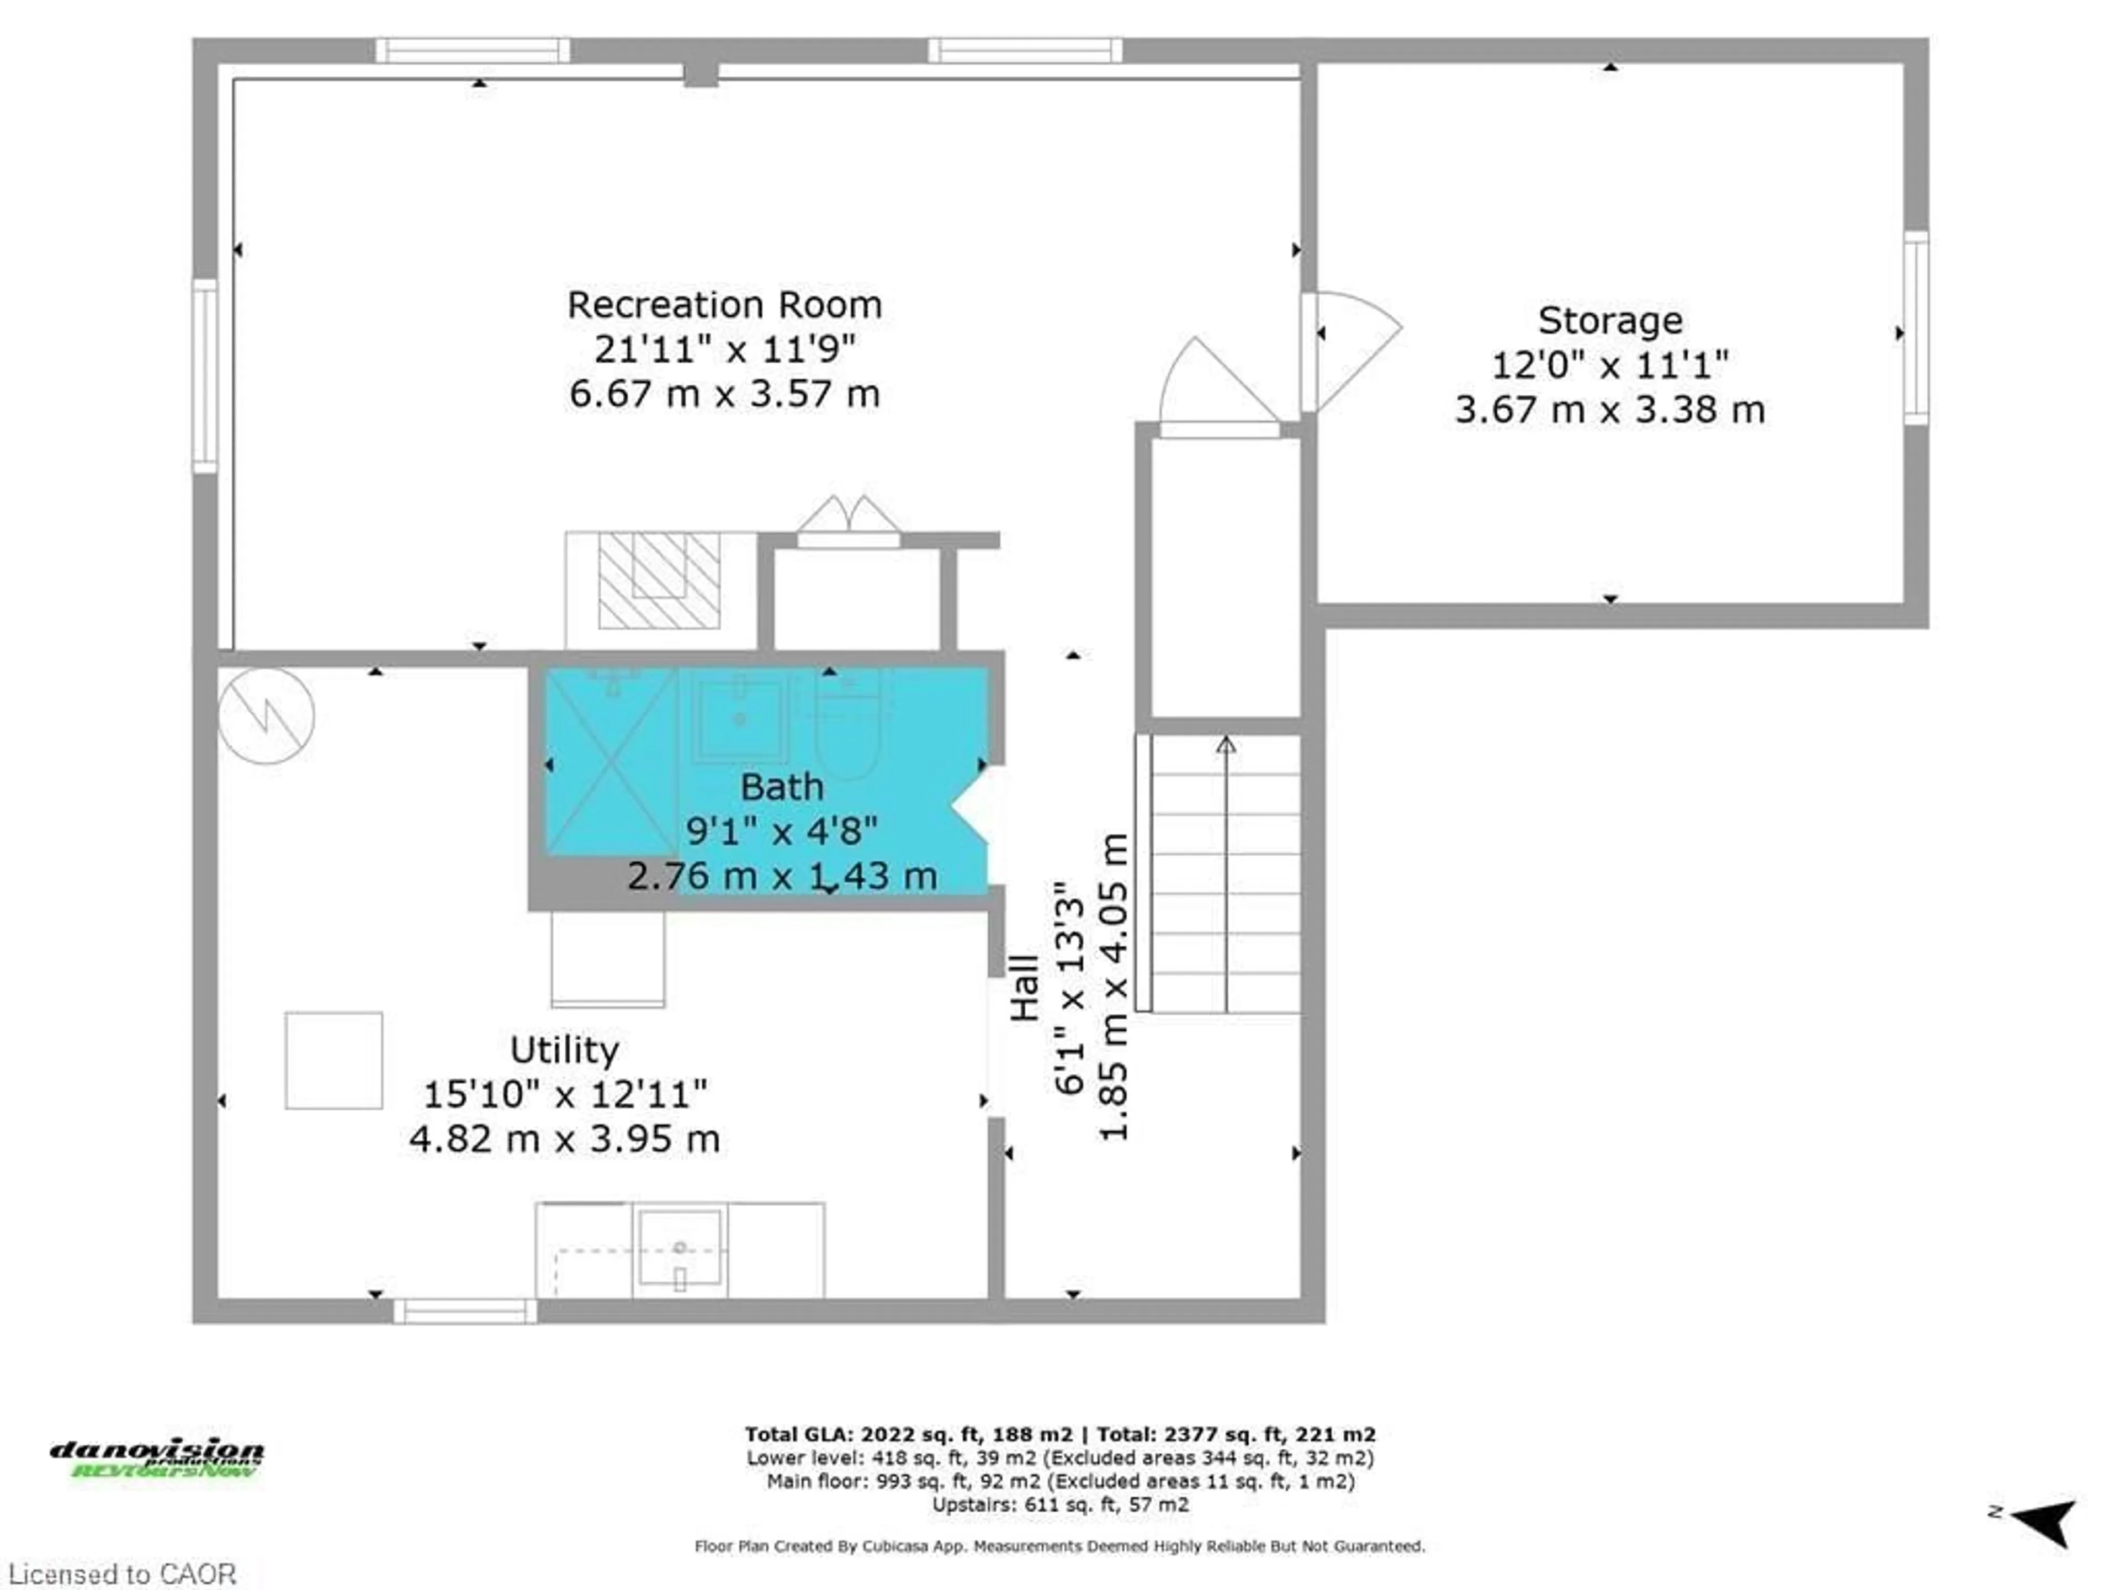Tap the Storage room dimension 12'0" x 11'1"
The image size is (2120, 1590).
1609,365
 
